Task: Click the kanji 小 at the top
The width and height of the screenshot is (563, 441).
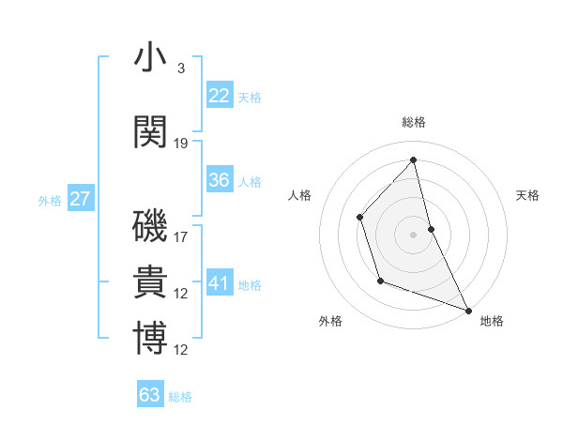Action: (x=151, y=57)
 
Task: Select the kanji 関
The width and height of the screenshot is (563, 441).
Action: (x=151, y=132)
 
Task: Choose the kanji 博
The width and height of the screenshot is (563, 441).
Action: (x=151, y=339)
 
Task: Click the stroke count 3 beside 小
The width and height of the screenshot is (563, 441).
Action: (x=180, y=68)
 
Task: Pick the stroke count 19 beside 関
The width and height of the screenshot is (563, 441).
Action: (x=182, y=144)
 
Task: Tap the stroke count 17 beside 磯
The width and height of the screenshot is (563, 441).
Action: (x=182, y=237)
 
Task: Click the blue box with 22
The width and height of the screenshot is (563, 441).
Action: (x=220, y=95)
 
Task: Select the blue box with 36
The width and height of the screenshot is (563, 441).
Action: (x=220, y=180)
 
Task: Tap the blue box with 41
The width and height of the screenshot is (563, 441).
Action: (x=220, y=282)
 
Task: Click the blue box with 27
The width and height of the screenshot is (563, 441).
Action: (x=81, y=198)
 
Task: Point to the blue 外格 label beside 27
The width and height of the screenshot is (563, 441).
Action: (x=49, y=200)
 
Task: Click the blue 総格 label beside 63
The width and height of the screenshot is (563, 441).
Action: (x=180, y=397)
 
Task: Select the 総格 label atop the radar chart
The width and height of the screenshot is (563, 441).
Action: (x=414, y=122)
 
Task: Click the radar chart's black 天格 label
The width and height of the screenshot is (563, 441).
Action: (x=527, y=195)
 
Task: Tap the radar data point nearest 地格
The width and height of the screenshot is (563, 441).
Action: (x=468, y=310)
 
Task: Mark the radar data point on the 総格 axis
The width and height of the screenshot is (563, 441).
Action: (x=414, y=160)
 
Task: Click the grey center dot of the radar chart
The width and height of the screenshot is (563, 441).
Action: (x=414, y=234)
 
